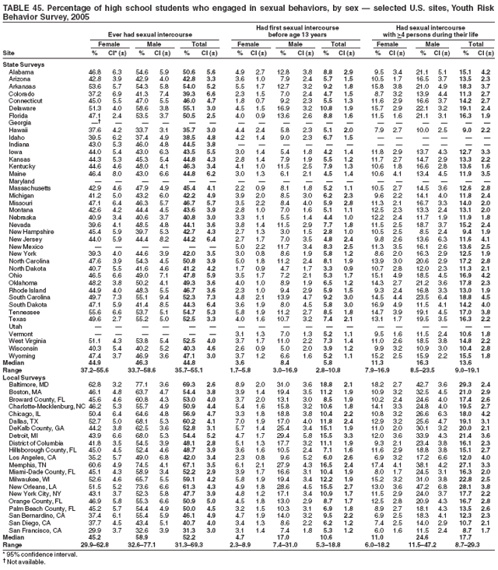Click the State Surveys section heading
pyautogui.click(x=23, y=64)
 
